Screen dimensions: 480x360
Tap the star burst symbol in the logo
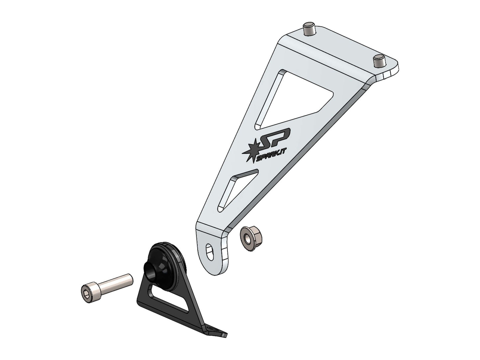tap(251, 150)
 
